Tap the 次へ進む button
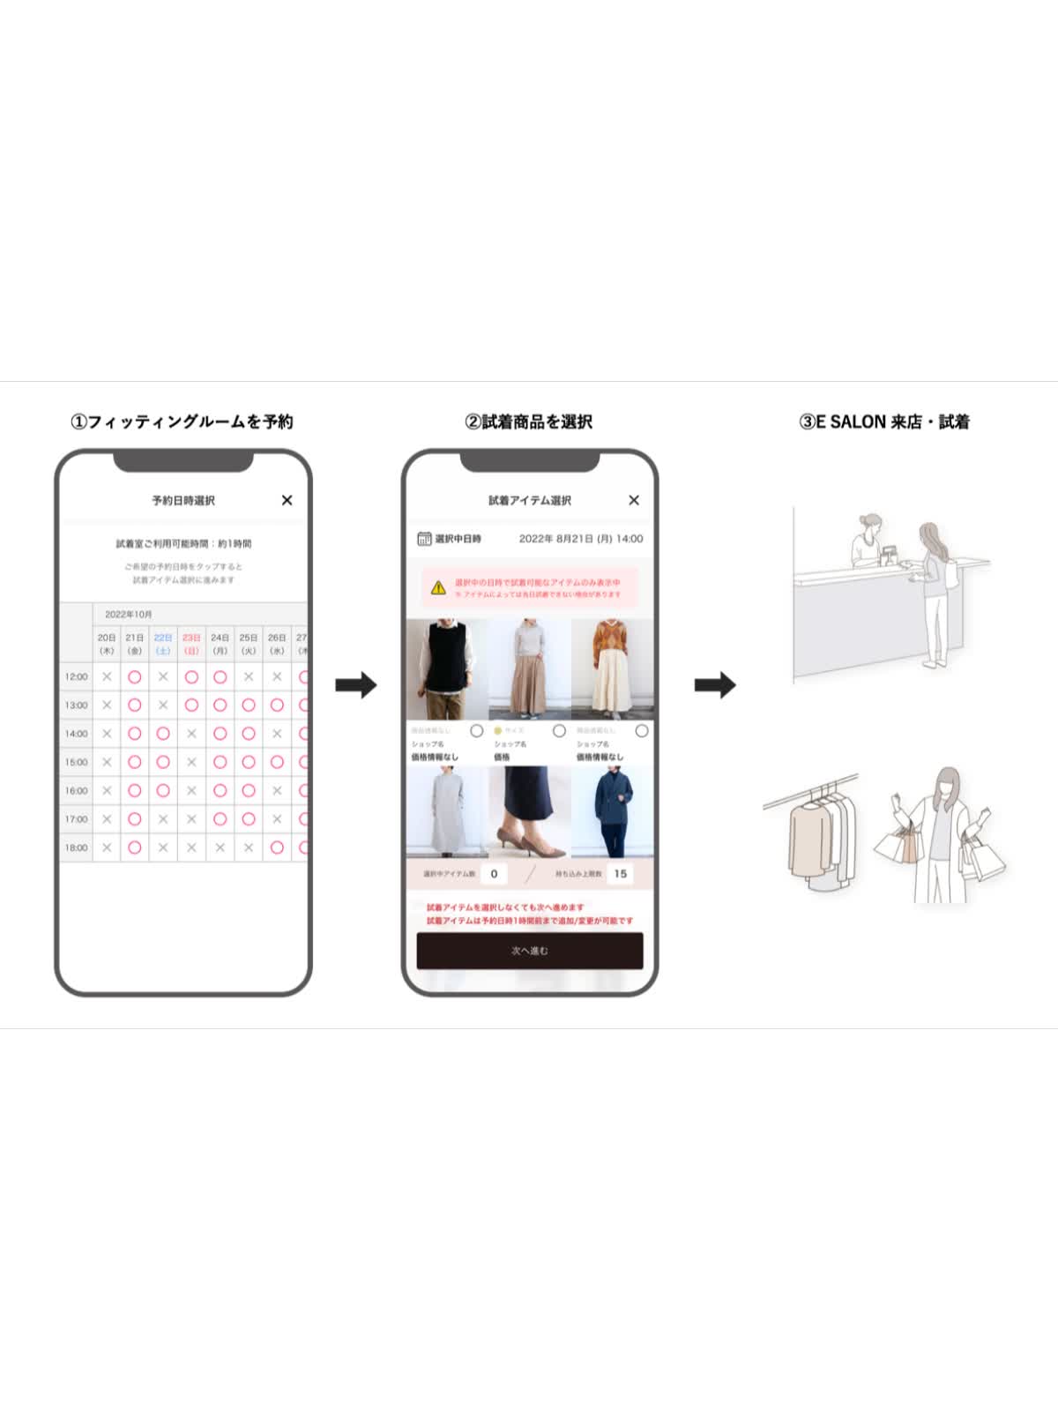(x=530, y=951)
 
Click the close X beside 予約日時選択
(x=287, y=500)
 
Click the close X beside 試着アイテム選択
(x=634, y=500)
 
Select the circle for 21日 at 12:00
(x=135, y=676)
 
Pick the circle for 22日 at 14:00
(x=163, y=734)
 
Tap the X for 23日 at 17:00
(x=191, y=819)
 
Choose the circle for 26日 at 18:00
(x=277, y=847)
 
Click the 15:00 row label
(x=77, y=762)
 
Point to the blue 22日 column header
(x=163, y=643)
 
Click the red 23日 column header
(x=191, y=643)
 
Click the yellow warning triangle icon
(x=438, y=587)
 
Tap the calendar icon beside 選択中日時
(x=424, y=539)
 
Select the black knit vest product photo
(x=447, y=669)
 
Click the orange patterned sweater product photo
(x=613, y=669)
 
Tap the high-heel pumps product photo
(x=530, y=811)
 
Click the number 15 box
(x=621, y=874)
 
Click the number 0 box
(x=494, y=874)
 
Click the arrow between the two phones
(x=356, y=684)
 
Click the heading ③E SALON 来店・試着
(x=883, y=422)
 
